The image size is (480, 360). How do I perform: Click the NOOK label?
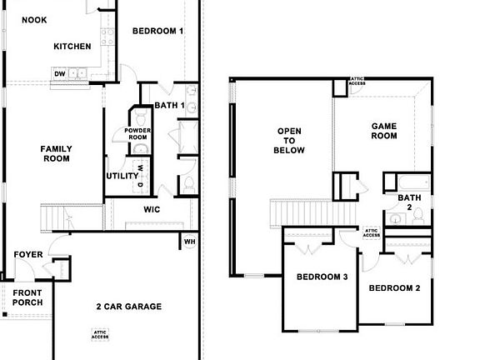(x=34, y=20)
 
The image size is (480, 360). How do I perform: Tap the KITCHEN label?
(x=72, y=47)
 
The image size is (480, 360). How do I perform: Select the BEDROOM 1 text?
(x=158, y=31)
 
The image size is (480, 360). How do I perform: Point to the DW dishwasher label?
(x=60, y=74)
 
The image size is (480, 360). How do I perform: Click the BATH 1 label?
(x=170, y=105)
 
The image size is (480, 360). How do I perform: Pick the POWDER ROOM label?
(x=137, y=134)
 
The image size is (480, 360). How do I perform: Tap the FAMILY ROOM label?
(x=56, y=153)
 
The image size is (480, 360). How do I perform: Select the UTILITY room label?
(x=122, y=176)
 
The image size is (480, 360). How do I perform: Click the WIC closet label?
(x=152, y=209)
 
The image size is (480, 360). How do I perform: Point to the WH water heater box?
(x=189, y=242)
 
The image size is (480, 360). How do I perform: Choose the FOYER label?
(x=28, y=254)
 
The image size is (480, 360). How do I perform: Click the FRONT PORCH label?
(x=27, y=297)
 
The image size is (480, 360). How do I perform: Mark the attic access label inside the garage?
(x=100, y=334)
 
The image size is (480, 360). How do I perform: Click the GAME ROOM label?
(x=384, y=130)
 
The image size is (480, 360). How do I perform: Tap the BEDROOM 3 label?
(x=322, y=277)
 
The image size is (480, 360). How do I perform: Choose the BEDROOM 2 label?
(x=394, y=288)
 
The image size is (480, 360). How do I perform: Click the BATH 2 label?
(x=409, y=202)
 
